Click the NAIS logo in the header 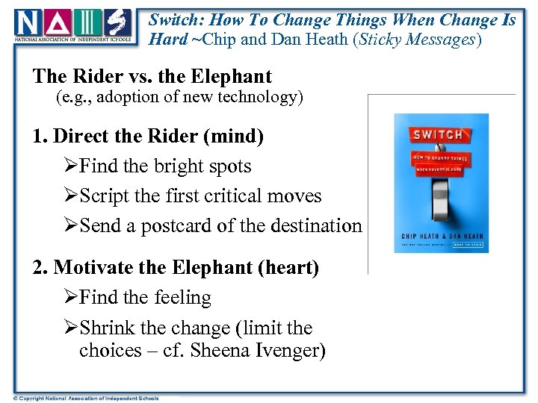coord(74,27)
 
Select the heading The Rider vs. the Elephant coord(152,76)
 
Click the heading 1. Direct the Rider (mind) coord(148,137)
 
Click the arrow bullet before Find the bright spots coord(71,166)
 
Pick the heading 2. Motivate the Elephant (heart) coord(176,267)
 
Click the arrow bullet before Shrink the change coord(71,328)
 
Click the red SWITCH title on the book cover coord(438,135)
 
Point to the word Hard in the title coord(168,39)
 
